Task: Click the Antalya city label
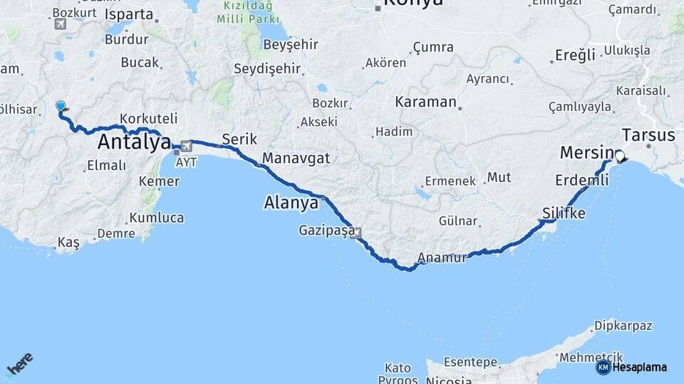[x=134, y=142]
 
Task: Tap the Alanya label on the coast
[x=291, y=203]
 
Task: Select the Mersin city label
[x=586, y=152]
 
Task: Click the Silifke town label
[x=564, y=213]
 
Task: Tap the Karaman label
[x=425, y=102]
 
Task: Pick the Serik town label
[x=239, y=139]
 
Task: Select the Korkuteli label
[x=149, y=118]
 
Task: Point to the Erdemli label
[x=581, y=181]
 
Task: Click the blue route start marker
[x=61, y=107]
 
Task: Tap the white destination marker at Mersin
[x=619, y=156]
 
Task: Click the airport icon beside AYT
[x=187, y=146]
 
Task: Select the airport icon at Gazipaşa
[x=356, y=232]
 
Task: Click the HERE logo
[x=20, y=364]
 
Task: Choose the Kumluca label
[x=156, y=218]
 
